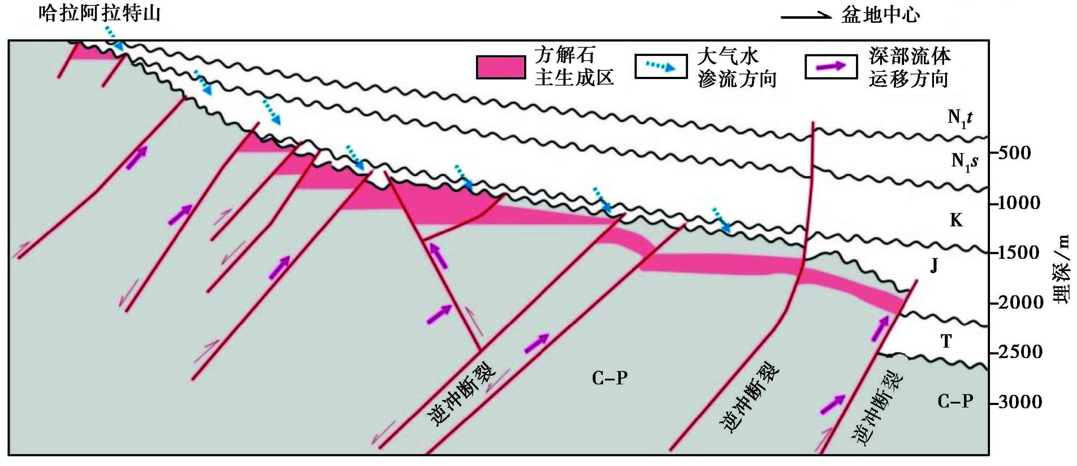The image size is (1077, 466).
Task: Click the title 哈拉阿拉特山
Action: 100,13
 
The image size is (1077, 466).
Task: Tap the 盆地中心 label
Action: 881,16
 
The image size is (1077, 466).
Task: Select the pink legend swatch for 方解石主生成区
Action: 501,67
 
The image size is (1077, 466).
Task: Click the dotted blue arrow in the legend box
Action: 661,66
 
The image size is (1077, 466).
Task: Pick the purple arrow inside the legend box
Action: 831,66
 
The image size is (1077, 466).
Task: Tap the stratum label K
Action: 956,220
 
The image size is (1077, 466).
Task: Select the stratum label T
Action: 946,341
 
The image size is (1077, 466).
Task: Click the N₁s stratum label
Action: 964,161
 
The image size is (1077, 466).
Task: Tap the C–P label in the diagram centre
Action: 610,378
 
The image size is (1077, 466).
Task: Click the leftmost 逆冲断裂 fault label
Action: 461,394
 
